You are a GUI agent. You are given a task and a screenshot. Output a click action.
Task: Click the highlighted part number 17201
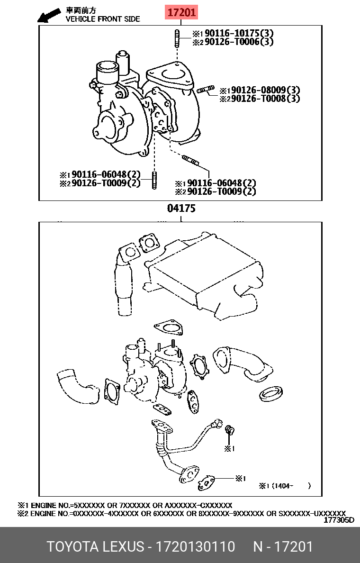coord(181,13)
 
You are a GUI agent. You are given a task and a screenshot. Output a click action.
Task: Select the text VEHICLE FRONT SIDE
coord(103,19)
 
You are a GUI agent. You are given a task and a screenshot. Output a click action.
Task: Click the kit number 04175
coord(181,208)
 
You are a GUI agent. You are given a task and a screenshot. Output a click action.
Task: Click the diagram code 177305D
coord(339,520)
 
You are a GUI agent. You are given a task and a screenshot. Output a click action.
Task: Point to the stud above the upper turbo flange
coord(176,38)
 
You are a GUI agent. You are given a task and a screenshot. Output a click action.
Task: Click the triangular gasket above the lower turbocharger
coord(168,328)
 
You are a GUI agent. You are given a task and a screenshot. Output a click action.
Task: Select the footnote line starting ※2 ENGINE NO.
coord(181,513)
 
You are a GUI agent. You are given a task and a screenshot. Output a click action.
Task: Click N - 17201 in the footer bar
coord(283,546)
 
